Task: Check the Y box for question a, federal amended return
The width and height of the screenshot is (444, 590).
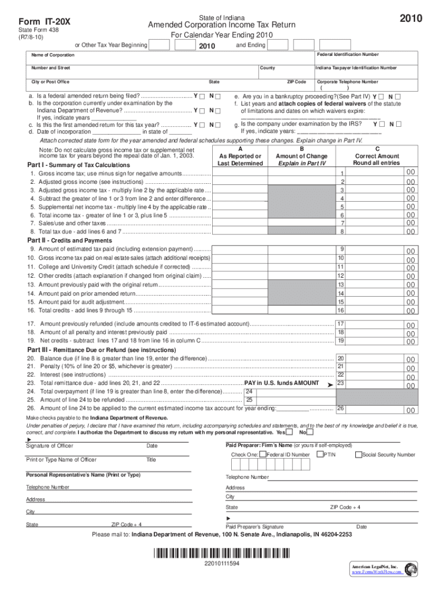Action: (x=202, y=96)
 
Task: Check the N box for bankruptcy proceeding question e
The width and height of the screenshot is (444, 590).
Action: (x=398, y=96)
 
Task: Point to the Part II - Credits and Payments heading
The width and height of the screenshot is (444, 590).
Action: (x=62, y=240)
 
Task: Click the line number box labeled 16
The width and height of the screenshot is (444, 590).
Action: (x=341, y=311)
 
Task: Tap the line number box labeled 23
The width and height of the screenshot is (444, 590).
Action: (x=341, y=383)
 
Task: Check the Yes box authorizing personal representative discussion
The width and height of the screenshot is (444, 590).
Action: (x=288, y=432)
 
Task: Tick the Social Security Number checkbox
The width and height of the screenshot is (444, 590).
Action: (x=358, y=455)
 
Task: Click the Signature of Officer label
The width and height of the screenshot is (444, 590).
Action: (x=50, y=446)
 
